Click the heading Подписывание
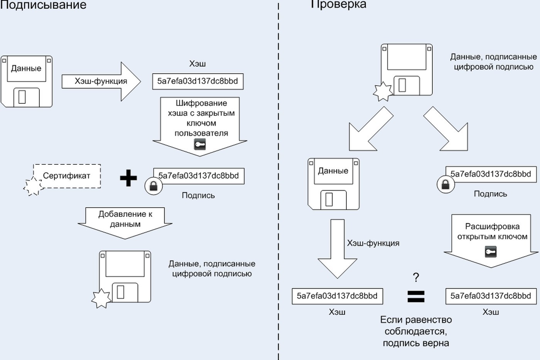tap(43, 5)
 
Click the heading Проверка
tap(339, 4)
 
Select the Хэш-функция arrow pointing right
tap(101, 81)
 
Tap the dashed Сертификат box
tap(67, 176)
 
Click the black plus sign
tap(128, 178)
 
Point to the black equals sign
tap(416, 296)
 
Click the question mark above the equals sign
tap(416, 277)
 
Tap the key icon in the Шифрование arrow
tap(200, 144)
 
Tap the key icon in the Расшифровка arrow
tap(491, 252)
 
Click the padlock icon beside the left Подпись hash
tap(154, 186)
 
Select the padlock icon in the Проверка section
tap(446, 185)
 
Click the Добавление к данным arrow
tap(125, 223)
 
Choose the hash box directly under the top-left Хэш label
tap(197, 81)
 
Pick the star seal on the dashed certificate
tap(33, 186)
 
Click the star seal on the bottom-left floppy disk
tap(101, 299)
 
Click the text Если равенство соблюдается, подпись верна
tap(416, 331)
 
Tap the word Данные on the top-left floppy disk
tap(26, 68)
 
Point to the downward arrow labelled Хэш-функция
tap(337, 249)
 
